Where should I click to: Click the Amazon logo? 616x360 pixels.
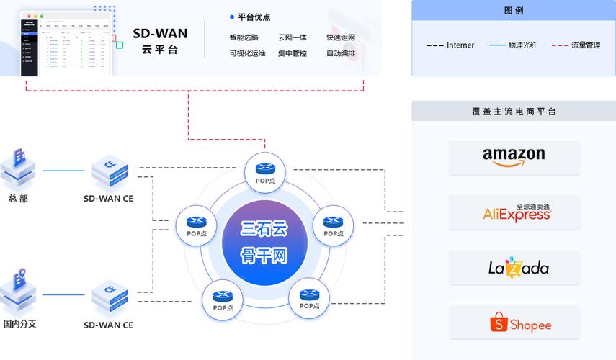tap(514, 157)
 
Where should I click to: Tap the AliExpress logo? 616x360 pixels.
tap(514, 212)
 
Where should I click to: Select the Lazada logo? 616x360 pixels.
tap(514, 267)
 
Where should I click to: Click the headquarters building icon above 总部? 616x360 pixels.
tap(18, 168)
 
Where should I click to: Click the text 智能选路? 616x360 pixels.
tap(244, 37)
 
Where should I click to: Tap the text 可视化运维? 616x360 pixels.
tap(247, 53)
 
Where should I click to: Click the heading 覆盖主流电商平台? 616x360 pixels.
tap(514, 112)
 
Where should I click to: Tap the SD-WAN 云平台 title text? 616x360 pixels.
tap(160, 41)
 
